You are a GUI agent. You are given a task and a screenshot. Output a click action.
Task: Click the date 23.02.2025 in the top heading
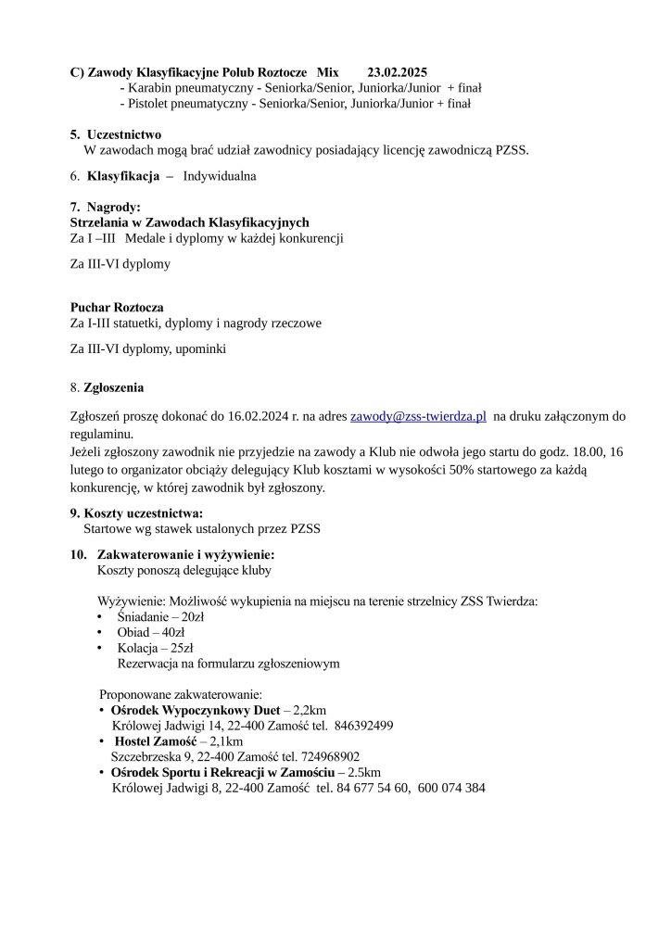coord(398,71)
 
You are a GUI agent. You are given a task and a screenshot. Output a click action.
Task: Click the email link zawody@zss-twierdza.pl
coord(418,418)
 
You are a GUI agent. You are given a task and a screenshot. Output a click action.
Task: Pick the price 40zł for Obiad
coord(171,632)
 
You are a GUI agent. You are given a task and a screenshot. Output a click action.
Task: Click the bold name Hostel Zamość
coord(153,740)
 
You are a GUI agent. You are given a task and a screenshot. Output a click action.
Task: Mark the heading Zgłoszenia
coord(114,386)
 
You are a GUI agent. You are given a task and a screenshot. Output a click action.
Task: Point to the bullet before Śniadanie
coord(100,616)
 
